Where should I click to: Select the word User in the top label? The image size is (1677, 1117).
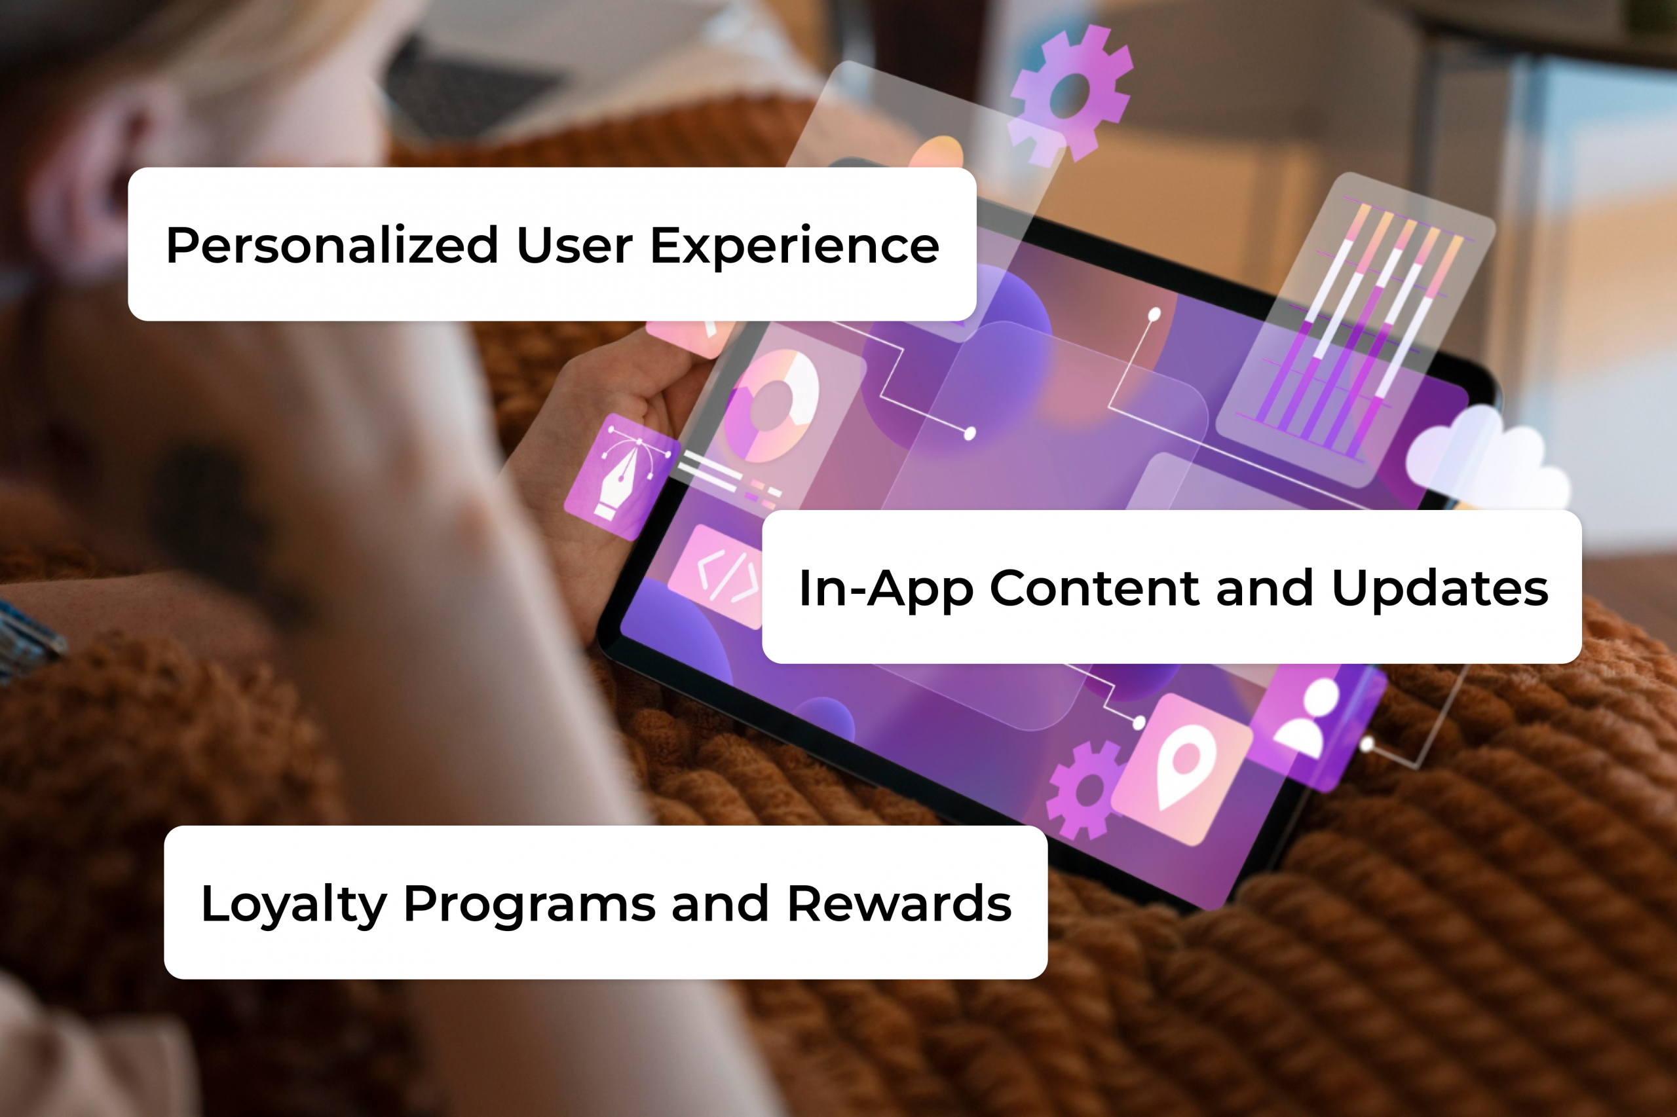574,246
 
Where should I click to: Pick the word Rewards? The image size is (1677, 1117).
899,904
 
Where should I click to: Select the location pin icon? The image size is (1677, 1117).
1183,771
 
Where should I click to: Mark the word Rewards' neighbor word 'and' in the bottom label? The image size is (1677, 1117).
720,904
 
